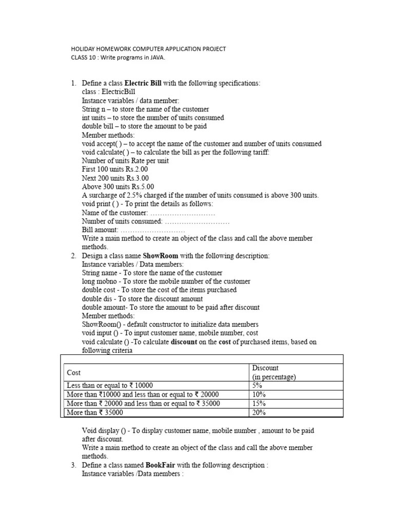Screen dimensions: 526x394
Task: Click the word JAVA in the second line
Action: pyautogui.click(x=157, y=57)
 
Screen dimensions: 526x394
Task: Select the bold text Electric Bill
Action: pyautogui.click(x=143, y=83)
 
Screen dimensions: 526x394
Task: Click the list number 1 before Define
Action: pyautogui.click(x=73, y=83)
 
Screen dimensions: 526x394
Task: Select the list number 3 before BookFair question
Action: pyautogui.click(x=73, y=465)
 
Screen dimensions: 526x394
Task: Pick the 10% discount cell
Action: pyautogui.click(x=259, y=394)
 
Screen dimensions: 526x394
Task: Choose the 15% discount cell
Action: pyautogui.click(x=259, y=403)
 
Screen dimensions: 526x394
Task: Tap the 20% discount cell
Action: pyautogui.click(x=259, y=412)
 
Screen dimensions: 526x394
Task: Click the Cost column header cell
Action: pyautogui.click(x=74, y=372)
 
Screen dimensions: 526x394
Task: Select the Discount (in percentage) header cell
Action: pyautogui.click(x=274, y=372)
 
